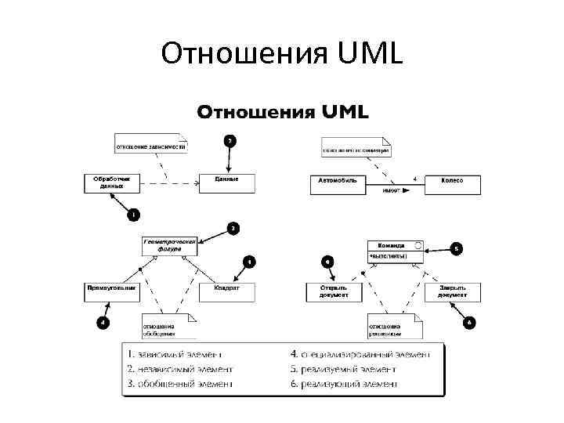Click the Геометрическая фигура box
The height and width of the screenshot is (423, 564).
click(170, 245)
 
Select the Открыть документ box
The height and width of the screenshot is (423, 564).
click(334, 291)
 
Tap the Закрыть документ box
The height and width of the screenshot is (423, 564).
click(453, 291)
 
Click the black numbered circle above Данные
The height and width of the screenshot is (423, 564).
click(229, 141)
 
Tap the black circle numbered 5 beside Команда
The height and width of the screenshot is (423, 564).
click(457, 248)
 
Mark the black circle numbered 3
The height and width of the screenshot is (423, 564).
click(233, 228)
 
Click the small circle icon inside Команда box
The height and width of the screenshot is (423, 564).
click(418, 246)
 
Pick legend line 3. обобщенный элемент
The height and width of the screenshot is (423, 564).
click(179, 384)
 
